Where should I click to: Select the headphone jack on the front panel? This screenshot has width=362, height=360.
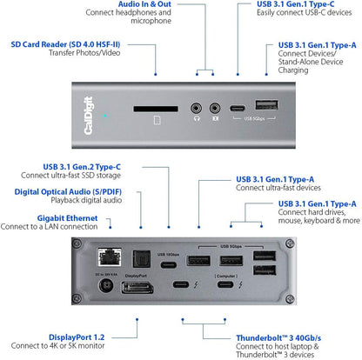coord(197,110)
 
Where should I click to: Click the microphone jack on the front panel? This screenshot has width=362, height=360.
coord(213,110)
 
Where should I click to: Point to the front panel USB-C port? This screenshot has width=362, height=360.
coord(237,110)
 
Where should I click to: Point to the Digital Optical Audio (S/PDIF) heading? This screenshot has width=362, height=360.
coord(65,190)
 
